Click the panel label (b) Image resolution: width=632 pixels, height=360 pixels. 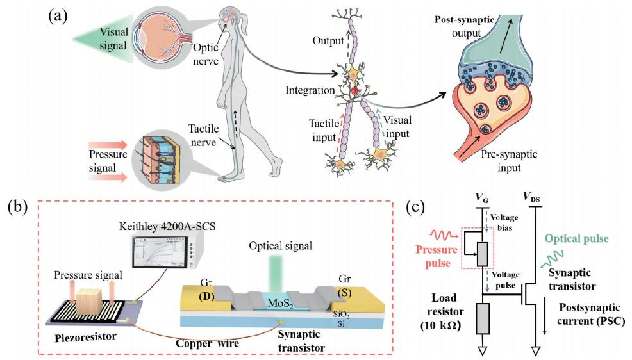click(19, 209)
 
